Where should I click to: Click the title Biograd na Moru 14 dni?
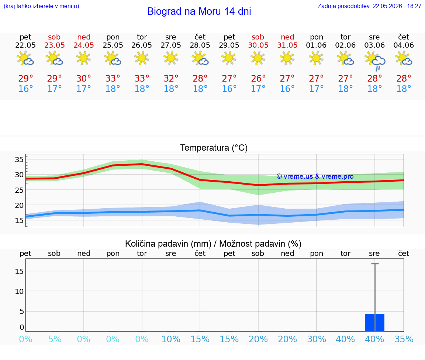click(x=199, y=11)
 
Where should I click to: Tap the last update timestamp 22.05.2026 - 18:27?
click(x=397, y=6)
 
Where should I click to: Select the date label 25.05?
click(x=113, y=45)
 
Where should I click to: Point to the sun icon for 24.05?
click(x=83, y=58)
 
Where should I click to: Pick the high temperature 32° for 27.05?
click(x=171, y=78)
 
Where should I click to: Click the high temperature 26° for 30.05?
click(x=258, y=78)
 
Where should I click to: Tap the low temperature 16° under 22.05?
click(x=25, y=89)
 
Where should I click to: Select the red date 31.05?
click(x=287, y=45)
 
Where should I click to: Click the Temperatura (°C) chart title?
click(x=214, y=148)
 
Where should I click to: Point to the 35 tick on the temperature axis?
click(x=19, y=160)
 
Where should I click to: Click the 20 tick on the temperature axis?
click(x=19, y=205)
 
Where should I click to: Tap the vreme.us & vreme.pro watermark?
click(x=315, y=176)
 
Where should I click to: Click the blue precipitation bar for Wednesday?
click(x=374, y=323)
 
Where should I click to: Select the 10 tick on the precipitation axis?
click(x=19, y=291)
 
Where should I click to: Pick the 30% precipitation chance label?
click(x=316, y=339)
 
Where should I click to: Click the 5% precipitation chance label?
click(x=55, y=339)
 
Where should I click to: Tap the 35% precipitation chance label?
click(x=404, y=339)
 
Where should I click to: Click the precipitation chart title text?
click(x=213, y=244)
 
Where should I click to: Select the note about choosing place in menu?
click(x=41, y=6)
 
